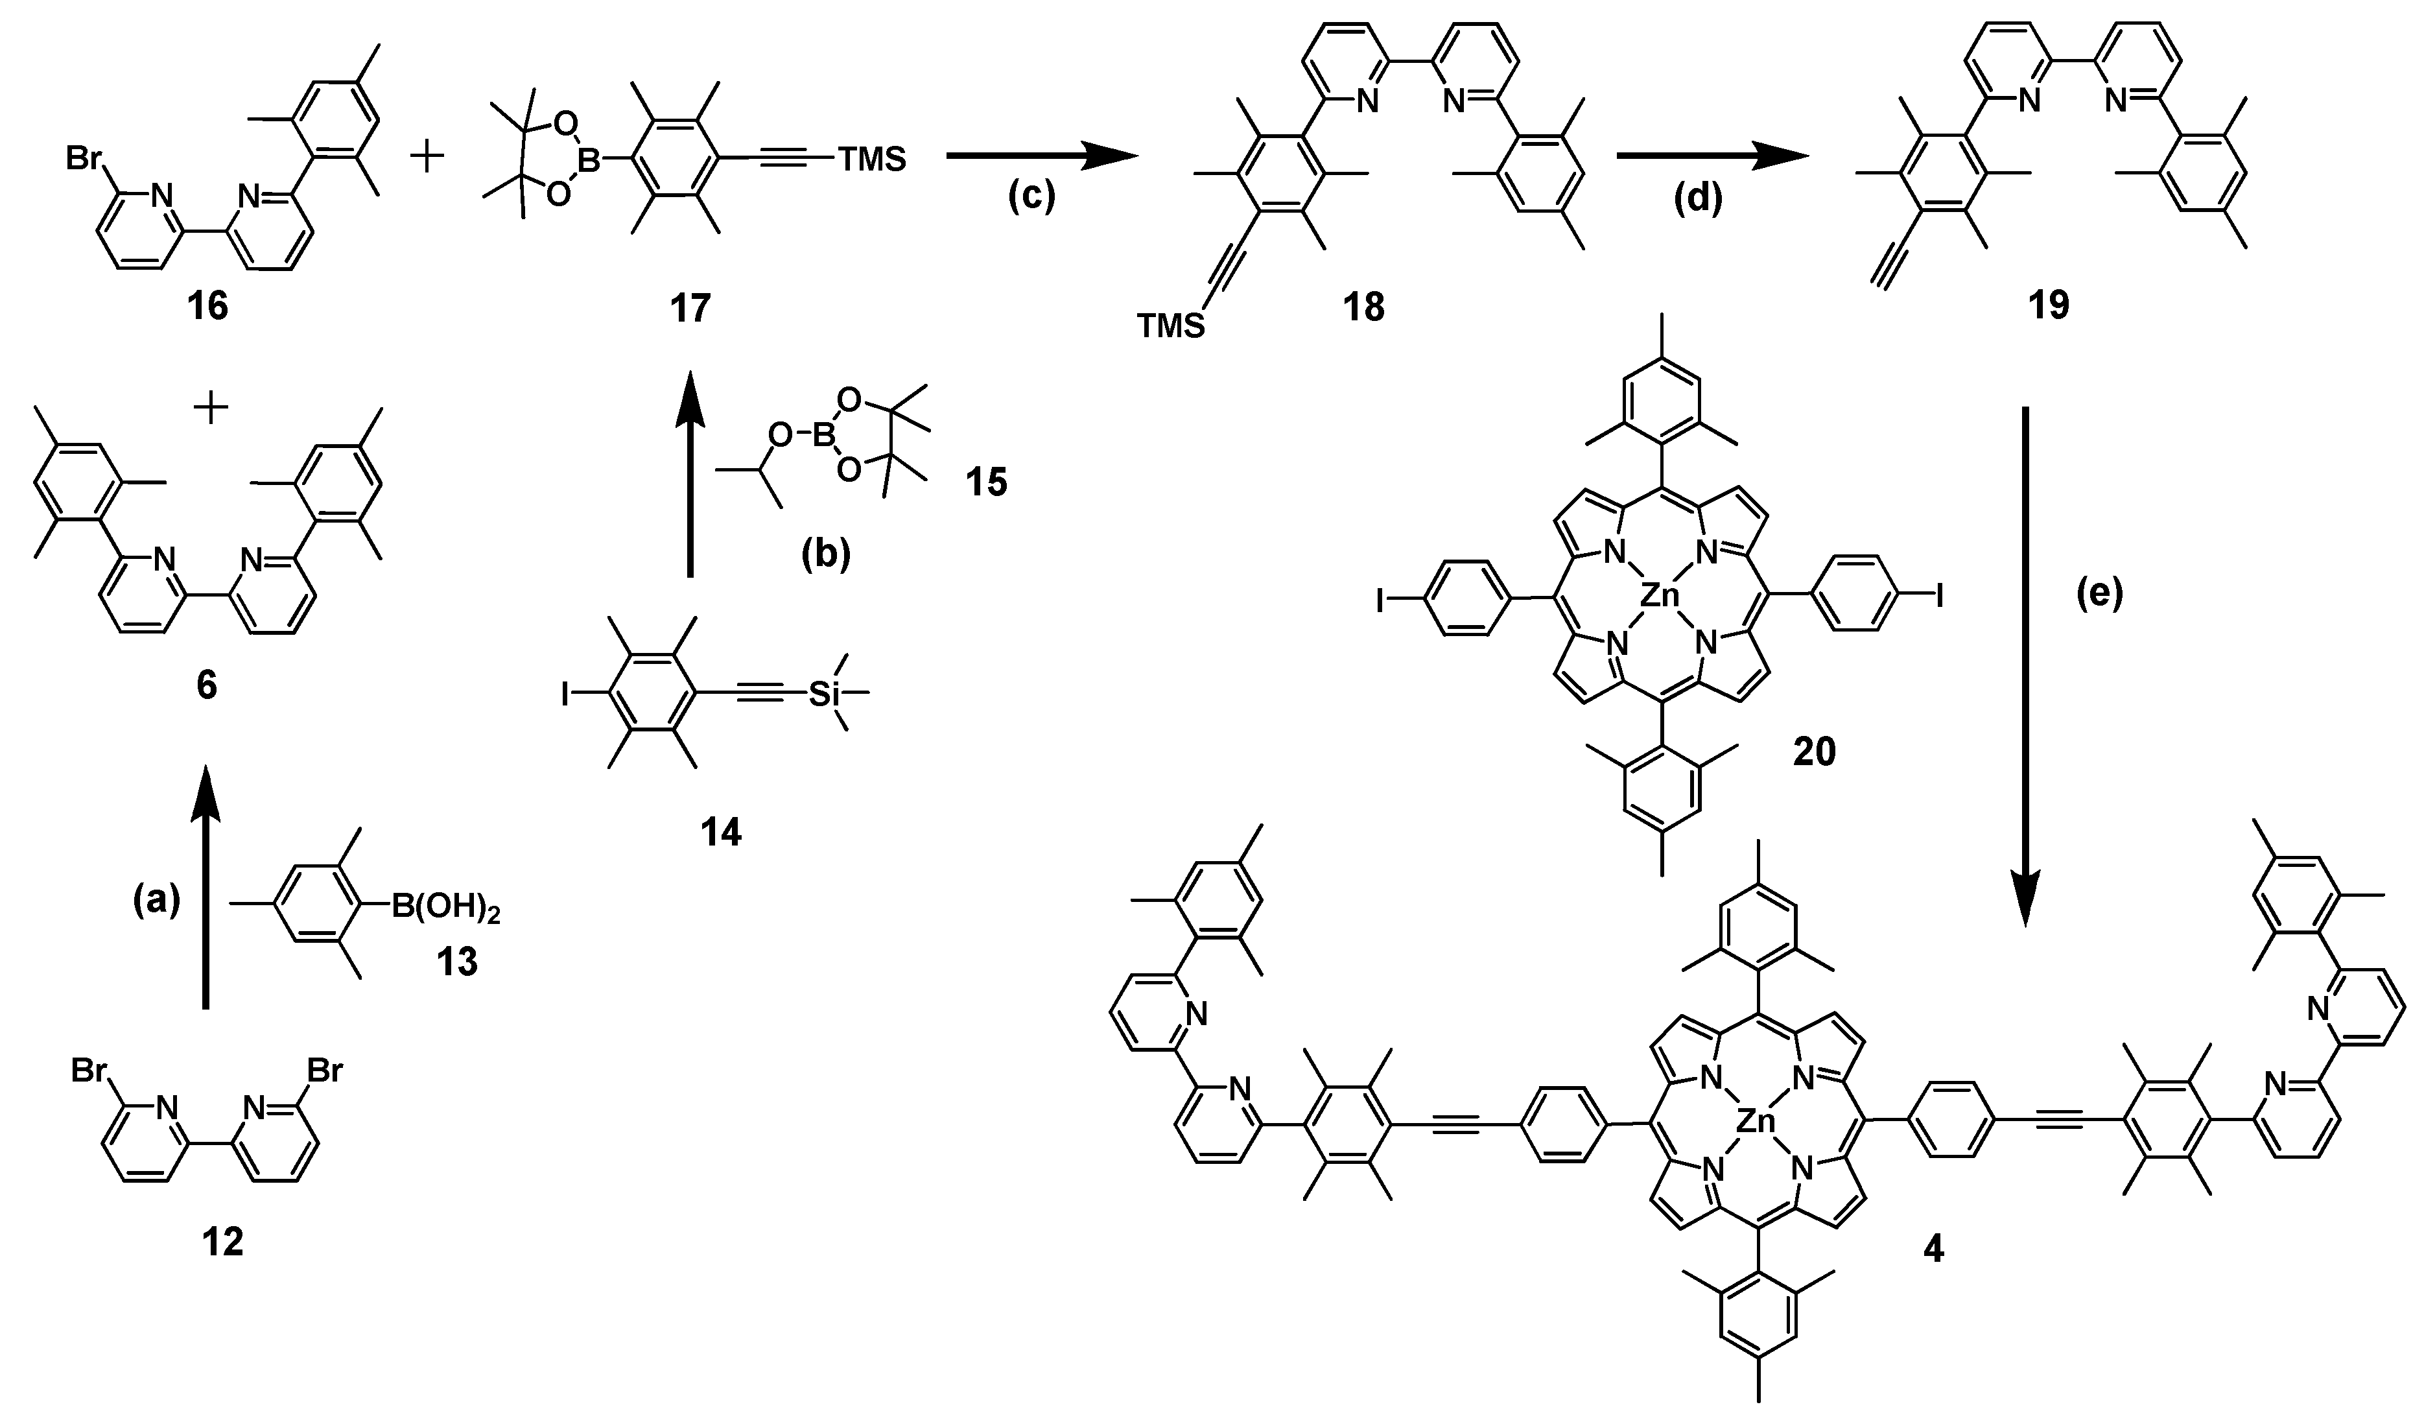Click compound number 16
209,308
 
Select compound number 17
690,308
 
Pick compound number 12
222,1242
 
